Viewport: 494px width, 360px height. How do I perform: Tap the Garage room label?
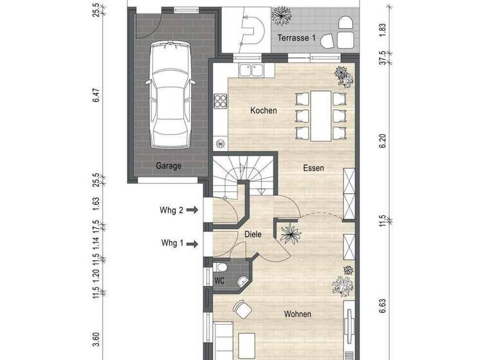coord(169,165)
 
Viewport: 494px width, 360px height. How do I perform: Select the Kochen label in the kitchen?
coord(264,111)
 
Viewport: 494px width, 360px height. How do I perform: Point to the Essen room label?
coord(314,168)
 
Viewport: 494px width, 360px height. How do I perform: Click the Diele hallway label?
coord(253,235)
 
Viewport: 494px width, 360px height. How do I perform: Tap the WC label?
coord(219,281)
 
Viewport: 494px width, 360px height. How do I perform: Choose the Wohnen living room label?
coord(297,314)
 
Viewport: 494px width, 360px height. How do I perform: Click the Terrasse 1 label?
coord(297,39)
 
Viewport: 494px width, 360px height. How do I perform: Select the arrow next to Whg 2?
coord(192,209)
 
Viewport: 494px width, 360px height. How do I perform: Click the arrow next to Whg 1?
coord(192,244)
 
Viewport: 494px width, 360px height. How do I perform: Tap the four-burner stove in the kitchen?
coord(220,102)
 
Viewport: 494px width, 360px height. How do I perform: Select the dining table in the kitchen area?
coord(321,116)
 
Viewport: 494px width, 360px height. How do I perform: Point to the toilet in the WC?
coord(221,267)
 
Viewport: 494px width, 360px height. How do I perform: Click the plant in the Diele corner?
coord(291,234)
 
